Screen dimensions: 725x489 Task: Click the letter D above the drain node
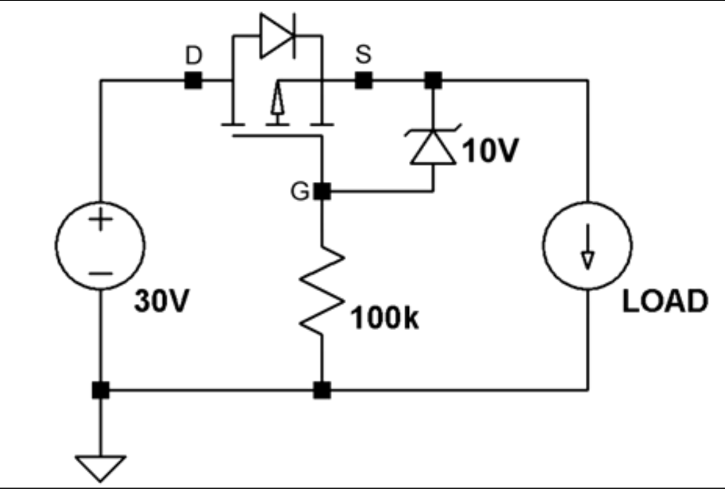[x=194, y=55]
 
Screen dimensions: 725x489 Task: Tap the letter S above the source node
[x=363, y=54]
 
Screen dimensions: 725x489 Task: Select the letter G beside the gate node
[x=299, y=191]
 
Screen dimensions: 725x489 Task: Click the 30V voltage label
[x=162, y=300]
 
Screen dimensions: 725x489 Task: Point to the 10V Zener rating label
[x=490, y=150]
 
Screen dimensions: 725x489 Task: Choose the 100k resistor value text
[x=385, y=318]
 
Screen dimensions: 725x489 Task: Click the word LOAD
[x=665, y=301]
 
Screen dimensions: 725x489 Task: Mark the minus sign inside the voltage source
[x=100, y=274]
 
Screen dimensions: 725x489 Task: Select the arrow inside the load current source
[x=588, y=247]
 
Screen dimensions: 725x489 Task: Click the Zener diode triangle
[x=434, y=147]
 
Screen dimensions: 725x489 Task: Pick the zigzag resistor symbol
[x=322, y=290]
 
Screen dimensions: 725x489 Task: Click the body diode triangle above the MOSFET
[x=276, y=36]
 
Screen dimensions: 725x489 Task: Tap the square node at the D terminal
[x=194, y=81]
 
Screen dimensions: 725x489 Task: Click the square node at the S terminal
[x=363, y=81]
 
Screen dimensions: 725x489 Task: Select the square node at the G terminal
[x=323, y=191]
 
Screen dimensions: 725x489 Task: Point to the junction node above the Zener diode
[x=434, y=81]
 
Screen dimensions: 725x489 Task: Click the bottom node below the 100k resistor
[x=323, y=390]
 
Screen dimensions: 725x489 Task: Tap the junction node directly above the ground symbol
[x=101, y=390]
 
